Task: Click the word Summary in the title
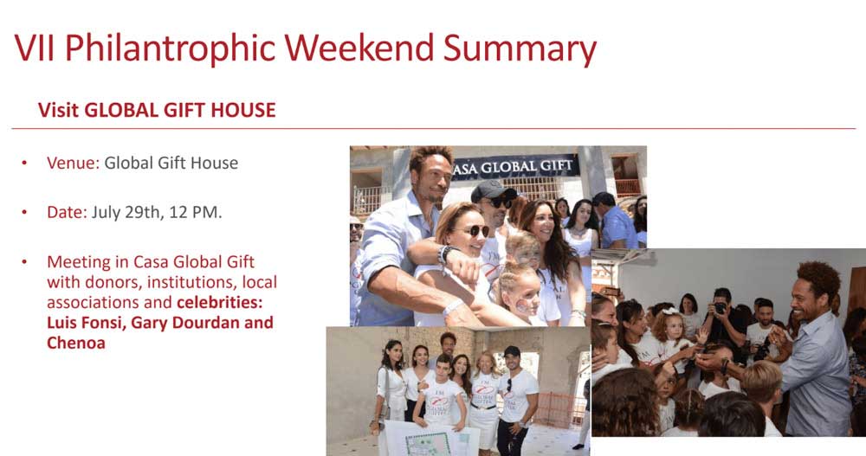519,49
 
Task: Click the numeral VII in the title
35,48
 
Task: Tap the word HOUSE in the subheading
243,110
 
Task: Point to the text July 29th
125,212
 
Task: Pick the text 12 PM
196,212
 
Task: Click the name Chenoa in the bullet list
75,343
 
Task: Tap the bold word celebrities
219,302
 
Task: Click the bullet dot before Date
24,213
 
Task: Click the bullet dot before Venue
24,164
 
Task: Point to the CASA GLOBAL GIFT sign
514,167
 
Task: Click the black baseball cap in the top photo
493,191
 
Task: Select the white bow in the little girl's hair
669,311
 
